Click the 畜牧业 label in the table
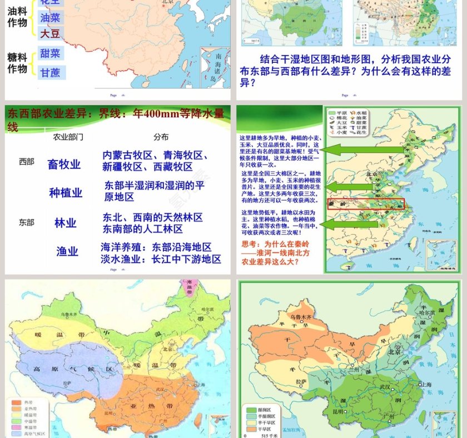pyautogui.click(x=64, y=164)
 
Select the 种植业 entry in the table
pyautogui.click(x=66, y=192)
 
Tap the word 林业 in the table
pyautogui.click(x=65, y=223)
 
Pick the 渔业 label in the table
pyautogui.click(x=67, y=251)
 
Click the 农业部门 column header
pyautogui.click(x=68, y=137)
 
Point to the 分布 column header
pyautogui.click(x=161, y=137)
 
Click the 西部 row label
pyautogui.click(x=26, y=162)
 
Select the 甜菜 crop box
pyautogui.click(x=51, y=53)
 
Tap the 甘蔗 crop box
pyautogui.click(x=51, y=72)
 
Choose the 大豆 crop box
pyautogui.click(x=51, y=33)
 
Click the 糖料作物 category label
pyautogui.click(x=17, y=63)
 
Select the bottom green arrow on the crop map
pyautogui.click(x=344, y=224)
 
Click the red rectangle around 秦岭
pyautogui.click(x=366, y=204)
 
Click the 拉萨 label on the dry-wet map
pyautogui.click(x=301, y=381)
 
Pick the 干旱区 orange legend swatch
pyautogui.click(x=251, y=429)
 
